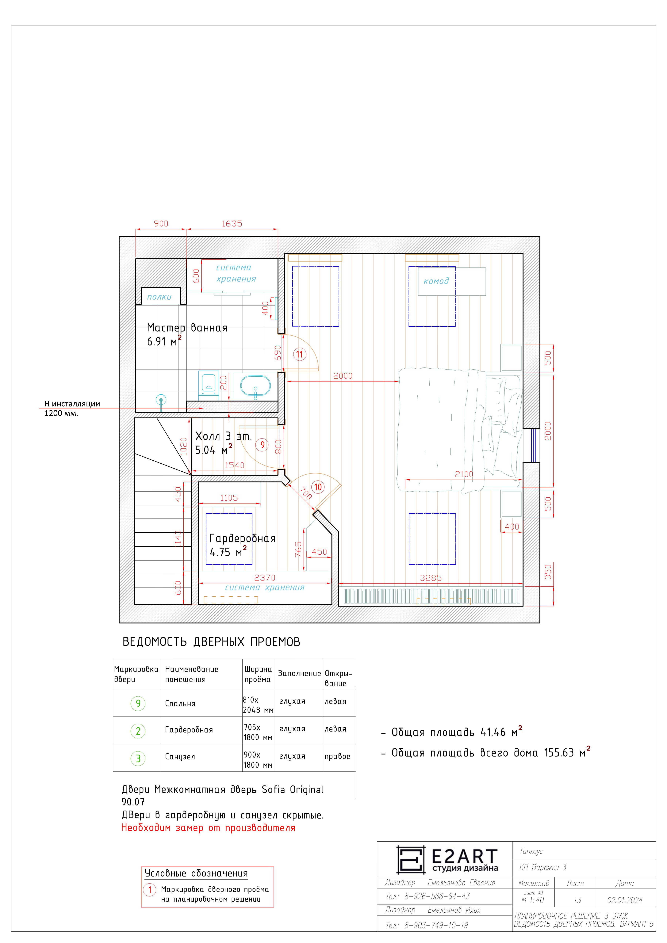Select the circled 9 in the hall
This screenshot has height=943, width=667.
(262, 445)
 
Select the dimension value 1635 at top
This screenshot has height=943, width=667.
(232, 224)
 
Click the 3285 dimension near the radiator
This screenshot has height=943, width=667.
(431, 578)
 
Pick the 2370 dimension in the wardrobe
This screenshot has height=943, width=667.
(265, 577)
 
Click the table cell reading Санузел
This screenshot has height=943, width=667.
(180, 757)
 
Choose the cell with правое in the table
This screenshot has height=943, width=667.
(337, 757)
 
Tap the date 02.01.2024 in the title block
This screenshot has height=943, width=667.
(625, 900)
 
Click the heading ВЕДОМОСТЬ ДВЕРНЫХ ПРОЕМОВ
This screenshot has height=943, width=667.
(211, 642)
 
